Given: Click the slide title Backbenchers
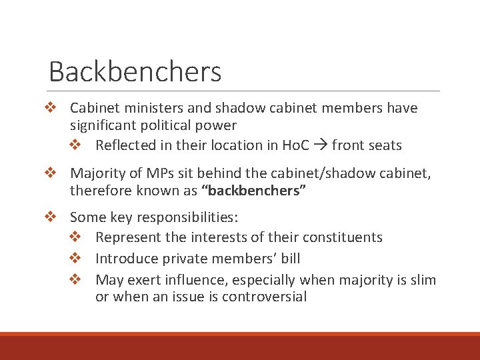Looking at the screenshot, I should (x=135, y=71).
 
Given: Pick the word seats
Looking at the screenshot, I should (x=384, y=145).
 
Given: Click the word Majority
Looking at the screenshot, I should (x=97, y=173).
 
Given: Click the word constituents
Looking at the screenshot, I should (x=343, y=237).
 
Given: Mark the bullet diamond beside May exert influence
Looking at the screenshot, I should (x=75, y=279).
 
